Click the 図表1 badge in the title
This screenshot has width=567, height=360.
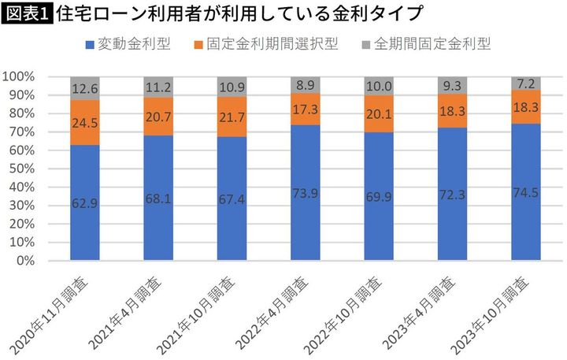27,13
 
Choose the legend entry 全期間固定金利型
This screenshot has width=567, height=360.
429,43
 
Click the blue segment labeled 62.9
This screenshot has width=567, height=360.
85,202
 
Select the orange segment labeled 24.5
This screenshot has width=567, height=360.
85,122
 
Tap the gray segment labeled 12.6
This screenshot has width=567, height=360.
85,88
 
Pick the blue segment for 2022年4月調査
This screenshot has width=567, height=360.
306,192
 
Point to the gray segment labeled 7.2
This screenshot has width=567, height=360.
526,83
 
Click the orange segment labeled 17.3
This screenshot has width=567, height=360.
306,109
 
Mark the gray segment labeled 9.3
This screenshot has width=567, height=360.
452,85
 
